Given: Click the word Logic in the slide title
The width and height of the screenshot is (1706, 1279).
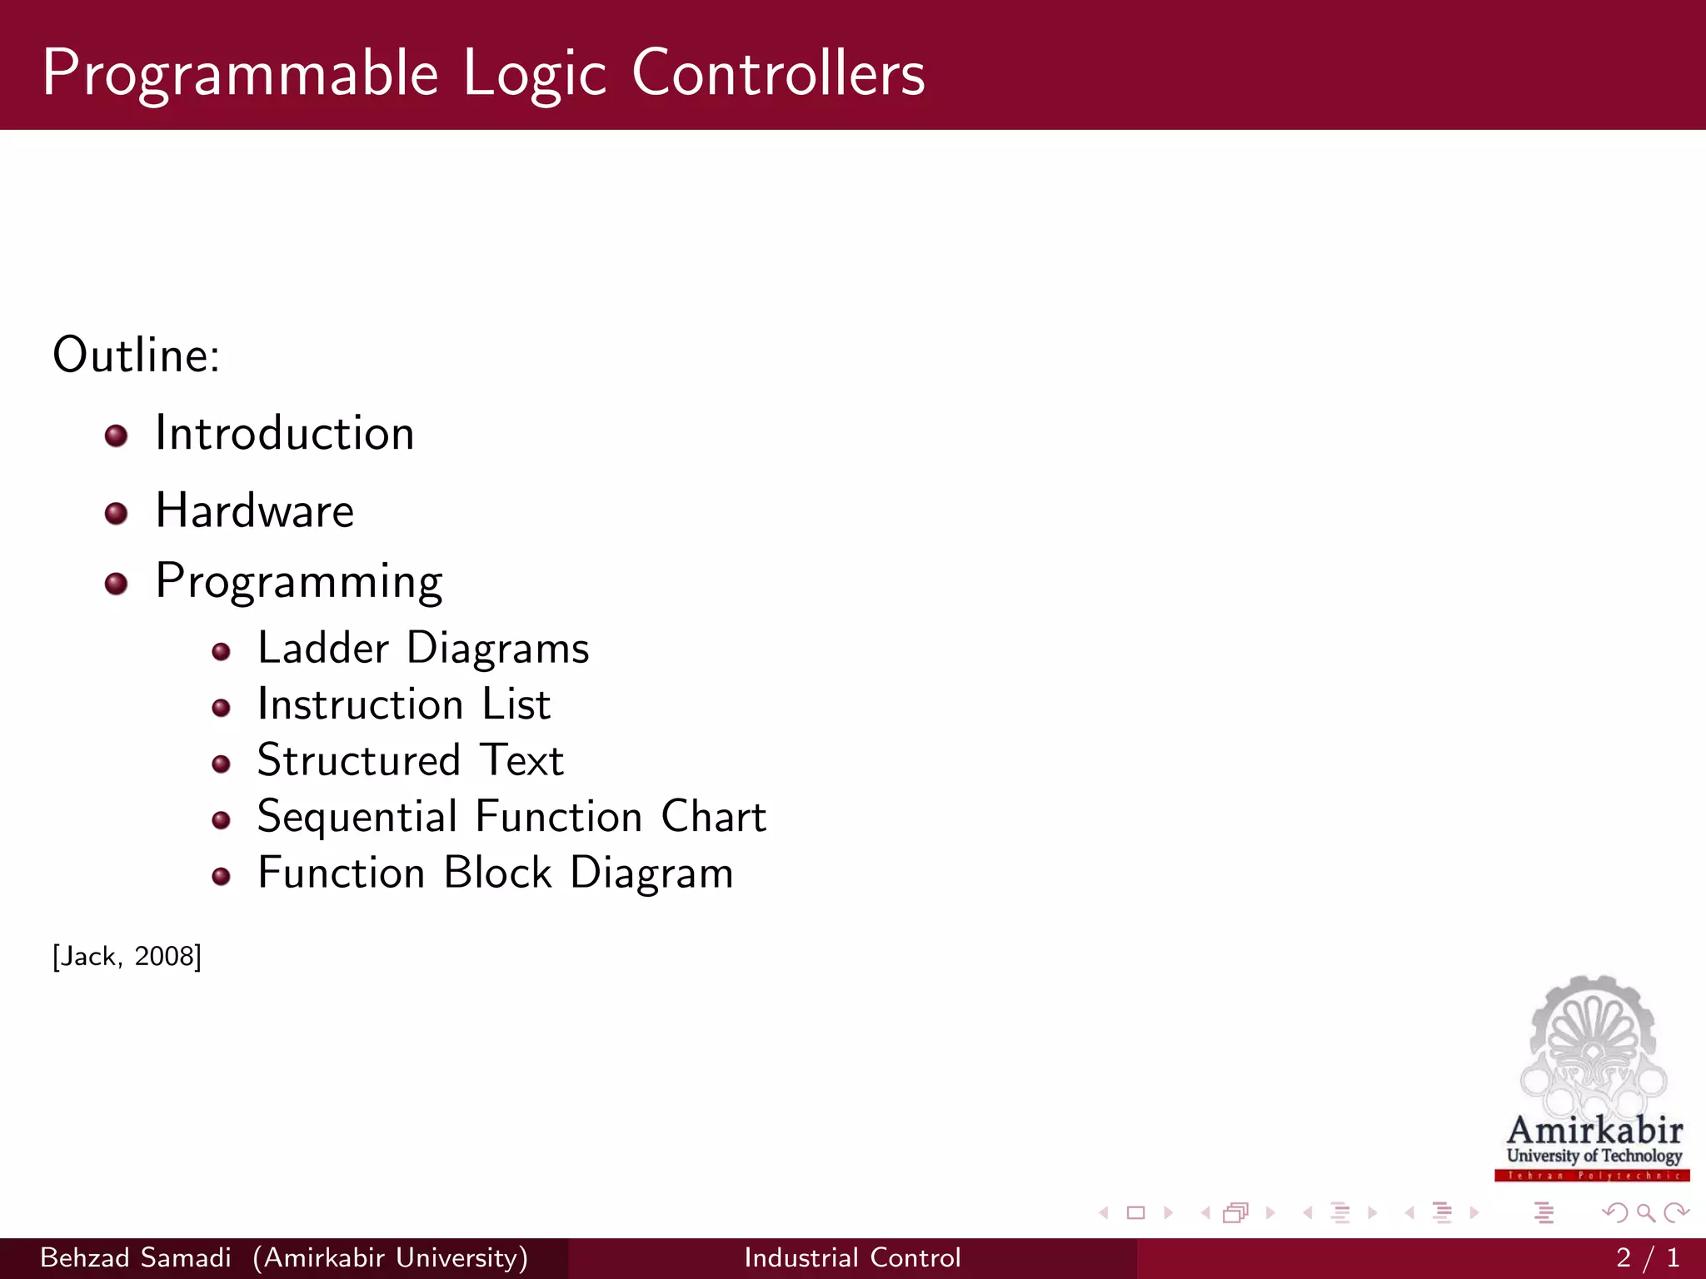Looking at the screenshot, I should pyautogui.click(x=534, y=73).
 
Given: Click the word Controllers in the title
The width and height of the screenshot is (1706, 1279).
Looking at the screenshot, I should pyautogui.click(x=778, y=73).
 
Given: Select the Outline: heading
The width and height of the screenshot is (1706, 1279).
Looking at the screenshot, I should pyautogui.click(x=136, y=355).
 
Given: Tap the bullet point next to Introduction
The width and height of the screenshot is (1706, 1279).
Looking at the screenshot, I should pyautogui.click(x=116, y=435).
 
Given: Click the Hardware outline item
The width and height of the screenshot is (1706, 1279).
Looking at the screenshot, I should pyautogui.click(x=254, y=510).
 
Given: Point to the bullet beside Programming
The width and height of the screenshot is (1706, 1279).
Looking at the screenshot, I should pyautogui.click(x=116, y=583).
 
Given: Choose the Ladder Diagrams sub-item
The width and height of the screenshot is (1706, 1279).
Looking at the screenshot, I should pyautogui.click(x=422, y=648).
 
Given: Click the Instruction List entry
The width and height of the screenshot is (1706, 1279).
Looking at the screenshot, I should pyautogui.click(x=403, y=704).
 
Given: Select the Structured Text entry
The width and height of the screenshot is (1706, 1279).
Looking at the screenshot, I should pyautogui.click(x=410, y=760).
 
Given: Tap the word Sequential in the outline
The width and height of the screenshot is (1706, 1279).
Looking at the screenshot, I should pyautogui.click(x=357, y=816).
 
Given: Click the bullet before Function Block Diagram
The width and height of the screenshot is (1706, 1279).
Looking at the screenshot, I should pyautogui.click(x=221, y=876).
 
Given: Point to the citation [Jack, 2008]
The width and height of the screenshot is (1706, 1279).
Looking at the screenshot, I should pyautogui.click(x=127, y=956).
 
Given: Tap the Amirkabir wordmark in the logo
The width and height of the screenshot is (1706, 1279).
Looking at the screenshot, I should pyautogui.click(x=1594, y=1131).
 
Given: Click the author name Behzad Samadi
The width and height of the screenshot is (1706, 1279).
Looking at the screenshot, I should pyautogui.click(x=135, y=1257).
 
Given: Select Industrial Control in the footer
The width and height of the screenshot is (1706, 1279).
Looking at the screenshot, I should pyautogui.click(x=852, y=1257).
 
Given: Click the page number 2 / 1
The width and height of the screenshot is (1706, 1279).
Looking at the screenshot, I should pyautogui.click(x=1647, y=1257).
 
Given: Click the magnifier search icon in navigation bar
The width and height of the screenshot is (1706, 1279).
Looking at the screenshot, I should pyautogui.click(x=1645, y=1212).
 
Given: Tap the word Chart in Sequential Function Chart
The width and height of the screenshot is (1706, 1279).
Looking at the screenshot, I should pyautogui.click(x=713, y=816).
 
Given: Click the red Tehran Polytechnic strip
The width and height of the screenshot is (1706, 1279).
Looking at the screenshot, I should pyautogui.click(x=1592, y=1176).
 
